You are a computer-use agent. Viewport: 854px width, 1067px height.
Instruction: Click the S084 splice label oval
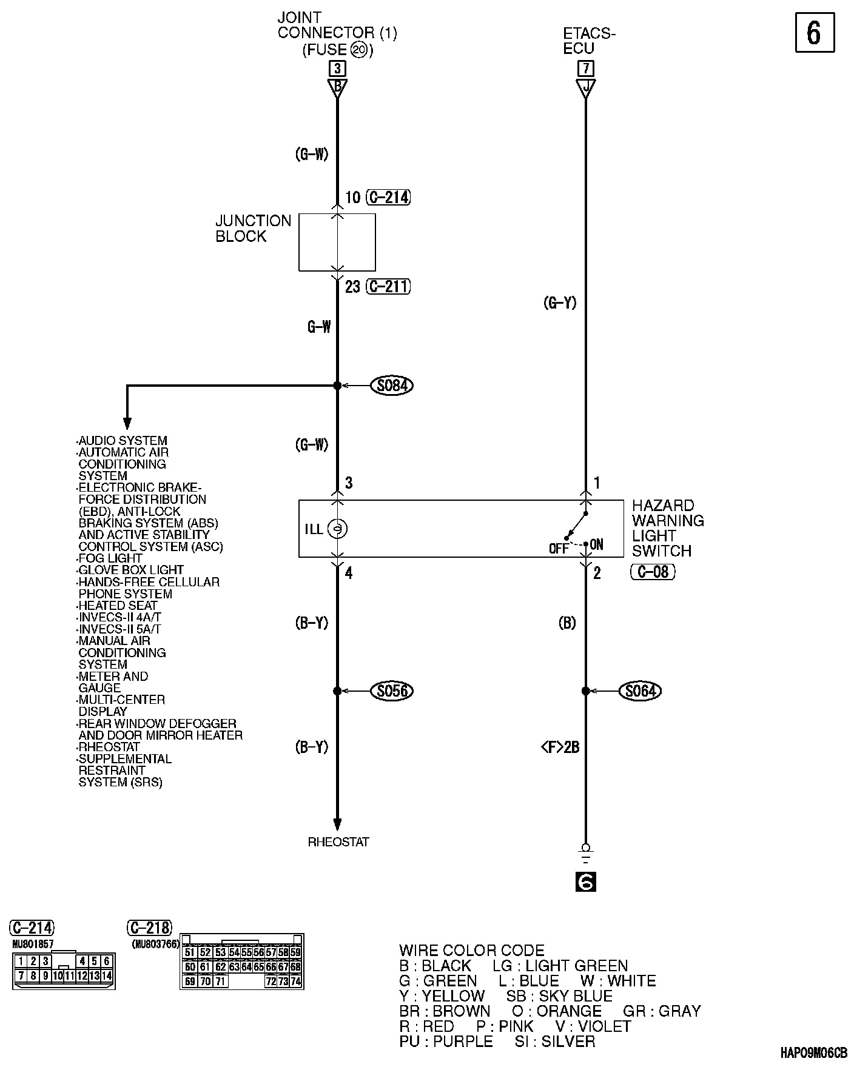tap(392, 386)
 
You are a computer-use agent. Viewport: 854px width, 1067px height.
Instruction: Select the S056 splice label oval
tap(392, 691)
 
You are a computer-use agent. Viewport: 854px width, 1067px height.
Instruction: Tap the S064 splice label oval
tap(640, 691)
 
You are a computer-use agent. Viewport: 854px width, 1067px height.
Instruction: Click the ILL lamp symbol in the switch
tap(337, 529)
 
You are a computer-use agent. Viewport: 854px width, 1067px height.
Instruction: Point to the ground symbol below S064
tap(585, 855)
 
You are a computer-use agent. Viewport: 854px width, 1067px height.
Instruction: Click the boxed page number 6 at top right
tap(814, 33)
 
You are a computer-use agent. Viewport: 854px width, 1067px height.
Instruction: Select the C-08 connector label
tap(653, 572)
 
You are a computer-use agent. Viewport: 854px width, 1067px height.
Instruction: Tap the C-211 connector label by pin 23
tap(388, 286)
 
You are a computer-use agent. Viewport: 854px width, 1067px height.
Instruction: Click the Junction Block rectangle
tap(337, 242)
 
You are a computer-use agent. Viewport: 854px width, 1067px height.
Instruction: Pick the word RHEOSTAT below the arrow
tap(338, 842)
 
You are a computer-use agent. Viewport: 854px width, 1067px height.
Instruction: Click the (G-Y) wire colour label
tap(559, 303)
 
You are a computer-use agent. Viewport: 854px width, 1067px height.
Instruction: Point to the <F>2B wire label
tap(559, 748)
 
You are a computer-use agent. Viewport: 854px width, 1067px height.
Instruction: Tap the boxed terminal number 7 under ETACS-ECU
tap(586, 68)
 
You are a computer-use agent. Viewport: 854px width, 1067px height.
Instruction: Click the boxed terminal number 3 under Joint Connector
tap(337, 68)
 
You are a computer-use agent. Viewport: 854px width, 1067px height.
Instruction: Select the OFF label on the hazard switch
tap(558, 549)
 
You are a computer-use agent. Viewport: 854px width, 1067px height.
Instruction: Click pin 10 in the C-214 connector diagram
tap(58, 975)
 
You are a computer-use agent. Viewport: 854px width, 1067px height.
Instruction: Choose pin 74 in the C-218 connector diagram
tap(295, 981)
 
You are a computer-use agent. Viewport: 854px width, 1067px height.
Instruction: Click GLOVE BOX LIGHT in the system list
tap(131, 570)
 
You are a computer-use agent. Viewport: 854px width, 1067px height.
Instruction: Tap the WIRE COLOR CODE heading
tap(472, 951)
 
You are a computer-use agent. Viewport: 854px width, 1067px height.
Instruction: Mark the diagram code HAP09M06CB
tap(814, 1053)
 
